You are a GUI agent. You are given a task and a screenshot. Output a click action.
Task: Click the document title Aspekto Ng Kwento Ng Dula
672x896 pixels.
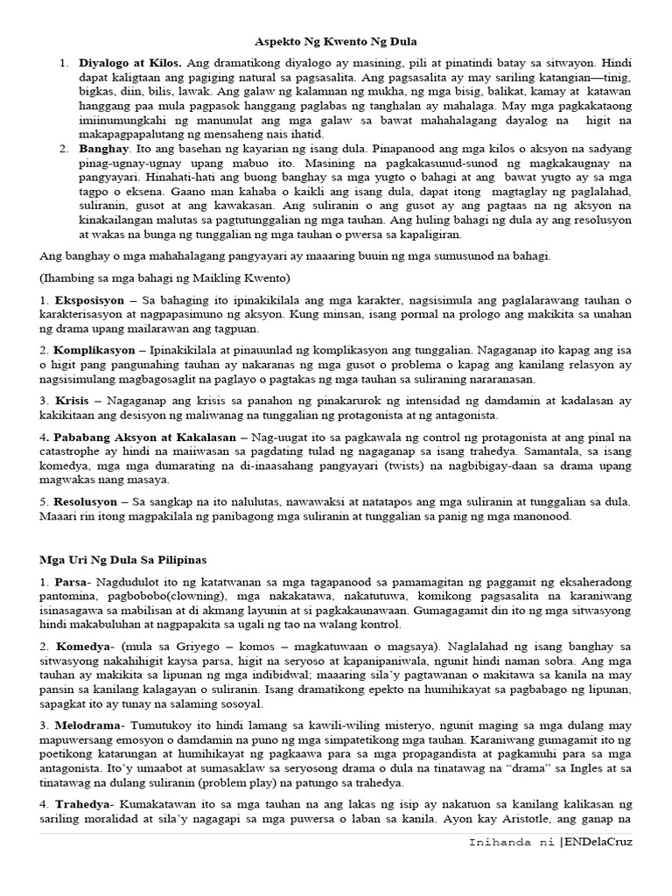pos(335,41)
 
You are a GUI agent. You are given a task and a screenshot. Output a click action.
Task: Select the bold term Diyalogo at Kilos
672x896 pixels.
pos(130,64)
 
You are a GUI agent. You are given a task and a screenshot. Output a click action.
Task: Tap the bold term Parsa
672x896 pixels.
pos(70,582)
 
